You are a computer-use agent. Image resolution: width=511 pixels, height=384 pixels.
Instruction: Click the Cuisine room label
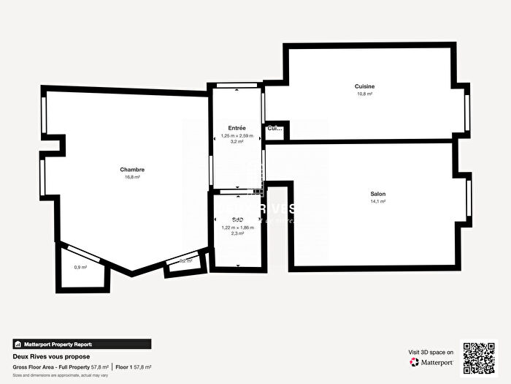pyautogui.click(x=365, y=86)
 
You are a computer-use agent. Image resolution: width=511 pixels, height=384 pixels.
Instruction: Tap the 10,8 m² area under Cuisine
pyautogui.click(x=365, y=94)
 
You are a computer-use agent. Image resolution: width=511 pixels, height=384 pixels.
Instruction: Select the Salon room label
pyautogui.click(x=377, y=194)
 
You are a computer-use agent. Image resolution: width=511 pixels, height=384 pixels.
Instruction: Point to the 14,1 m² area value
pyautogui.click(x=377, y=201)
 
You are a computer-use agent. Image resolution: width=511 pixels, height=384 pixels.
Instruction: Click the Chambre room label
pyautogui.click(x=132, y=169)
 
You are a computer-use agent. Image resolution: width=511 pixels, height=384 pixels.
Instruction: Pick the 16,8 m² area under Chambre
pyautogui.click(x=132, y=176)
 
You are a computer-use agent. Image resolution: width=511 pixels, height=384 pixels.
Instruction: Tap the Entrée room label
pyautogui.click(x=237, y=128)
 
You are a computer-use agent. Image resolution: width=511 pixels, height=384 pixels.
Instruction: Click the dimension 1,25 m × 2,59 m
pyautogui.click(x=237, y=136)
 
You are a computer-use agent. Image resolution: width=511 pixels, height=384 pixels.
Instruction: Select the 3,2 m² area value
pyautogui.click(x=237, y=143)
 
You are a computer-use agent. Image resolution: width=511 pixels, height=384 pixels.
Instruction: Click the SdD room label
pyautogui.click(x=237, y=219)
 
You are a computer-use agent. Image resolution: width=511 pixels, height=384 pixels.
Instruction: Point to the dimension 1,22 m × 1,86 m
pyautogui.click(x=237, y=227)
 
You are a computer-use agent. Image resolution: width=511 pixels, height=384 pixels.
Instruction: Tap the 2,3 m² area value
pyautogui.click(x=237, y=234)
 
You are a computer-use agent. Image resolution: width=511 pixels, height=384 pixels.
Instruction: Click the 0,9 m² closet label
pyautogui.click(x=80, y=267)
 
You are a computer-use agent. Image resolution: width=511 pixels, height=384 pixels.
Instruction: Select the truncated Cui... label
pyautogui.click(x=274, y=129)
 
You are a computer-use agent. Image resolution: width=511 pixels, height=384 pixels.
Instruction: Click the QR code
pyautogui.click(x=479, y=357)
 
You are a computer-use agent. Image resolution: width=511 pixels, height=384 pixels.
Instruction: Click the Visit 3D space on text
pyautogui.click(x=431, y=352)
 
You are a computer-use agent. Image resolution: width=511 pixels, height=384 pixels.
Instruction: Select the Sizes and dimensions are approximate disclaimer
pyautogui.click(x=57, y=374)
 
